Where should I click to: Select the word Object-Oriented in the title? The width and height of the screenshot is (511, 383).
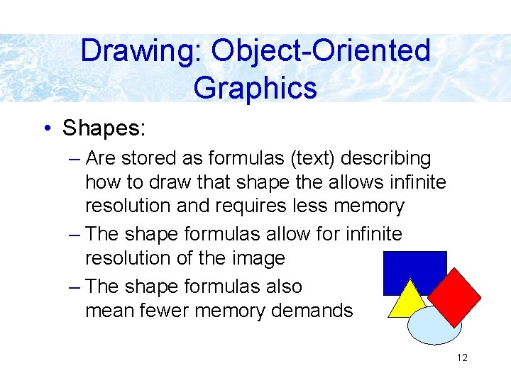click(x=321, y=51)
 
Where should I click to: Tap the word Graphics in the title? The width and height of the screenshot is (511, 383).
click(x=255, y=88)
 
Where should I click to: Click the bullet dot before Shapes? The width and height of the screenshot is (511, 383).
click(x=47, y=128)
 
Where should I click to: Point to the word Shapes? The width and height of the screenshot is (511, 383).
click(x=104, y=128)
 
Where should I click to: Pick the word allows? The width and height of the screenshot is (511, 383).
click(x=361, y=183)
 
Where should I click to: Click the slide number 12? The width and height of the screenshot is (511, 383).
click(x=462, y=357)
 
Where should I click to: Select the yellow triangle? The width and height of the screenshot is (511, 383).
click(x=407, y=301)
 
